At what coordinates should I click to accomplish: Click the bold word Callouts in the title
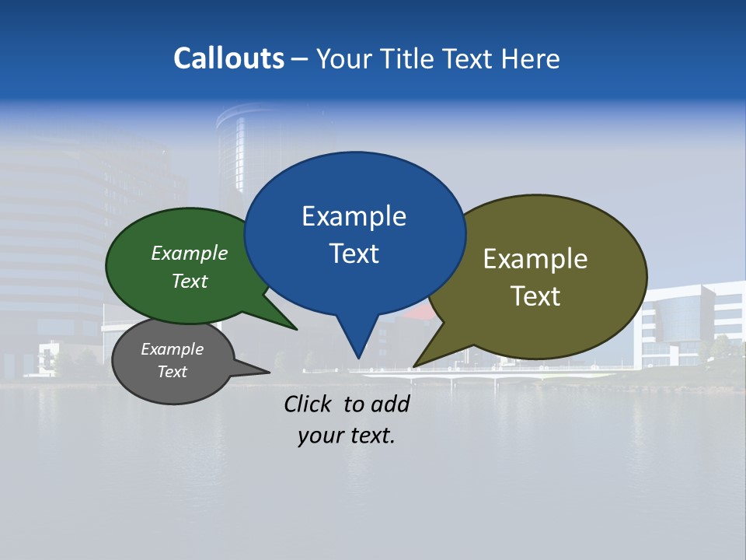click(x=228, y=58)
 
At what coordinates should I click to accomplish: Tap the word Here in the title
click(x=531, y=58)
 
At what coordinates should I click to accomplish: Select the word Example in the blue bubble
click(x=354, y=216)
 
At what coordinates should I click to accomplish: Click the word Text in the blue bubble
click(x=354, y=254)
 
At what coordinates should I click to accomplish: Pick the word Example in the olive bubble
click(x=535, y=259)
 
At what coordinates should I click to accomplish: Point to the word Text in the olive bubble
click(x=535, y=296)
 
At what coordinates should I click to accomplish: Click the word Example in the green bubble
click(x=190, y=254)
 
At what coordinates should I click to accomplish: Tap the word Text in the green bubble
click(x=190, y=282)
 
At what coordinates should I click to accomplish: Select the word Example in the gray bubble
click(x=173, y=349)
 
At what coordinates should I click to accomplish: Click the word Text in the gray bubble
click(x=173, y=372)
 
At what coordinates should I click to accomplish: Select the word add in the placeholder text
click(x=389, y=404)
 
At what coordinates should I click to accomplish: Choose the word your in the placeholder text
click(x=320, y=436)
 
